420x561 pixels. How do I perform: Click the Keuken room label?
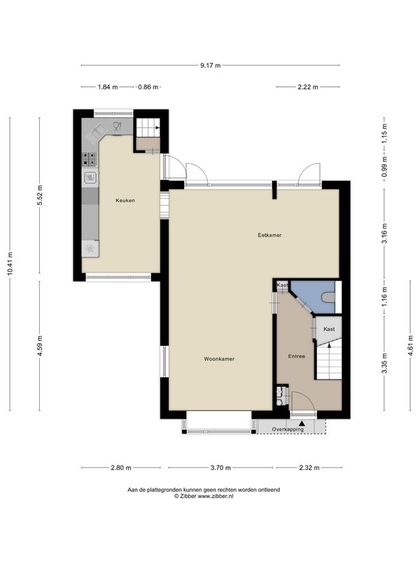pos(125,201)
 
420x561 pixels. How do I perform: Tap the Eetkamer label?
pos(269,235)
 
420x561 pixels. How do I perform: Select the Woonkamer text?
pos(219,359)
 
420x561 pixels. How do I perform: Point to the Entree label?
pos(297,356)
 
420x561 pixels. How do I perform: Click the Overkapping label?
pos(288,429)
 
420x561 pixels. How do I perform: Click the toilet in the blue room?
pos(328,297)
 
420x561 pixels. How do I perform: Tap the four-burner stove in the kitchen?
pos(90,159)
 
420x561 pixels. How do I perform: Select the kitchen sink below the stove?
pos(90,178)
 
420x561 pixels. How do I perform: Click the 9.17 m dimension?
pos(211,65)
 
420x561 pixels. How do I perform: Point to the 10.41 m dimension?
pos(10,264)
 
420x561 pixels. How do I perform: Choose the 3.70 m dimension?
pos(220,468)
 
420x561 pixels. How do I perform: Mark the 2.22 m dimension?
pos(308,87)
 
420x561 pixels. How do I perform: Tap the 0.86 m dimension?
pos(148,87)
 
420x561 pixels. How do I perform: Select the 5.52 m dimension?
pos(40,195)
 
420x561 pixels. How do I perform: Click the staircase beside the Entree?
pos(329,360)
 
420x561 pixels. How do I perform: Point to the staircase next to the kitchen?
pos(148,128)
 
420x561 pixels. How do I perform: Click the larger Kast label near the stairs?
pos(329,329)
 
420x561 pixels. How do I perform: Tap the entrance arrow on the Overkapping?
pos(302,424)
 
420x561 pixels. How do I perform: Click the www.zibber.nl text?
pos(216,496)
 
